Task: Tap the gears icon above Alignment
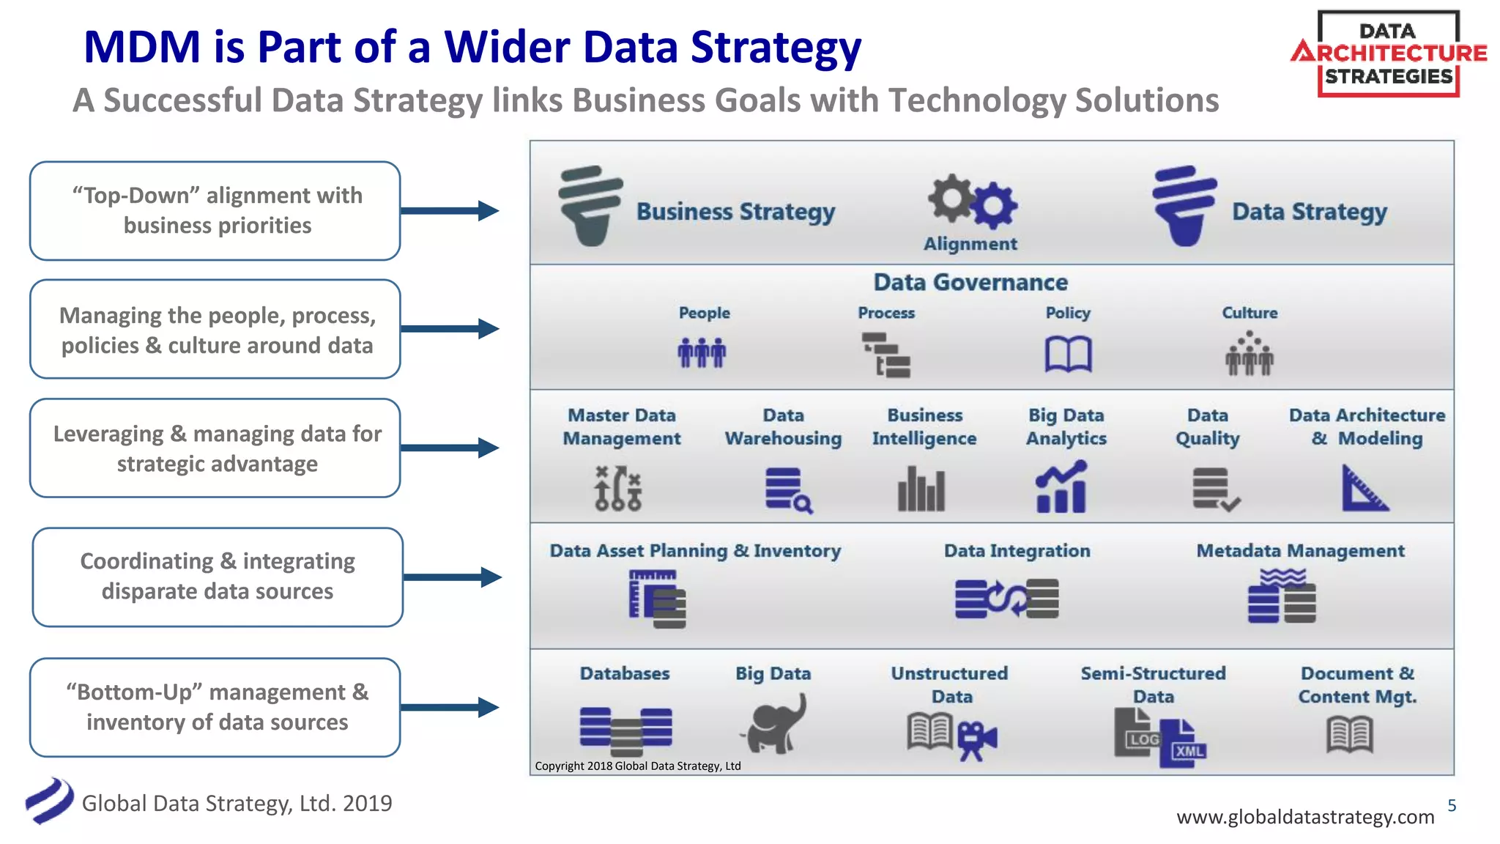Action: (972, 201)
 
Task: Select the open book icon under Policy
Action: (1068, 355)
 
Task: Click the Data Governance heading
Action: (970, 282)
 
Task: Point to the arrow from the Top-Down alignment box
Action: (450, 211)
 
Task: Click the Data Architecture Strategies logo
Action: (1388, 53)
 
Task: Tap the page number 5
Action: (1452, 805)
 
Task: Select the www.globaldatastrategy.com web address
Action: (1305, 817)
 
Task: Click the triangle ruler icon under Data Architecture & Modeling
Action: (1364, 488)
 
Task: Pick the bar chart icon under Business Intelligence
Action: (921, 489)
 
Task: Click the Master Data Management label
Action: (621, 426)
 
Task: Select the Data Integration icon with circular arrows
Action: (1006, 599)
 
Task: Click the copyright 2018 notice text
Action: (637, 766)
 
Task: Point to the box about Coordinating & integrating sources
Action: (218, 577)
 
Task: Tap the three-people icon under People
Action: (702, 352)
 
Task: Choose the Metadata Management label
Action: (1300, 551)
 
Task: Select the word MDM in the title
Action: (142, 47)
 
